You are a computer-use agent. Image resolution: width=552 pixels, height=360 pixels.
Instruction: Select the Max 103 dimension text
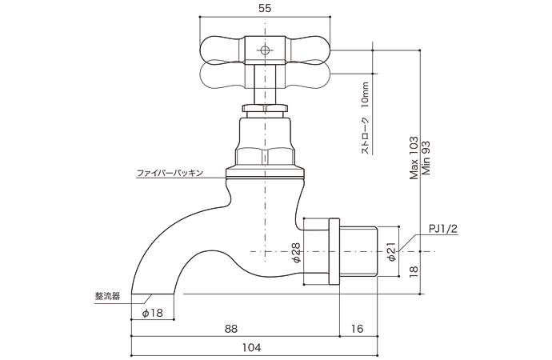point(414,158)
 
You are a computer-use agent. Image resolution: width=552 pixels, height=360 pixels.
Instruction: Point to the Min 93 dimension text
point(426,158)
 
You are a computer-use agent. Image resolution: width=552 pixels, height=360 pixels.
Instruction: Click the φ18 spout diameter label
point(151,313)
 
